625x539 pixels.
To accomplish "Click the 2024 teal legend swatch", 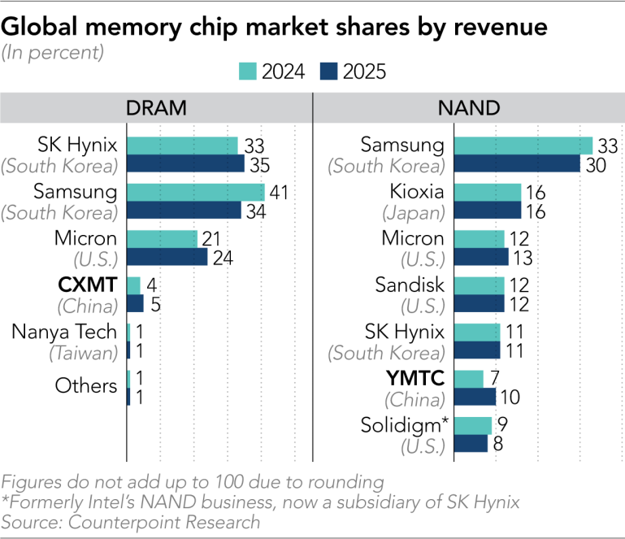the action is (248, 72).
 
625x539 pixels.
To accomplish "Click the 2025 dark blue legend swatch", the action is (329, 72).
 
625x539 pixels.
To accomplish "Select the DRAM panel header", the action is (156, 107).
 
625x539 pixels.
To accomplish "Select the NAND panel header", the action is (469, 107).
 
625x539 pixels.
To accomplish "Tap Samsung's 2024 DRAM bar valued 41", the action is (196, 193).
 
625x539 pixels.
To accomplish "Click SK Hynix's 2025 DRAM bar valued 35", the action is (186, 163).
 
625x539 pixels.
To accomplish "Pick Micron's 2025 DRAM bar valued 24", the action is (167, 257).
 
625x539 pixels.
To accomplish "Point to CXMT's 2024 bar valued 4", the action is (134, 285).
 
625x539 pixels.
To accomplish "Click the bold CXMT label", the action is (88, 285).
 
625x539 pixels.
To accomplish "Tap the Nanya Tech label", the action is (64, 332).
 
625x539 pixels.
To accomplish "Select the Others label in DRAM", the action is (86, 385).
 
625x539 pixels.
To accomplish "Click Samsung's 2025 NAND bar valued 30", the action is (518, 163).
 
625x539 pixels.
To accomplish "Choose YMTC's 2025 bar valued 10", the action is (475, 397).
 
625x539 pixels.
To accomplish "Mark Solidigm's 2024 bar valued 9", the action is (473, 426).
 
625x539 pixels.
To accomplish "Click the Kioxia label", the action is (417, 191).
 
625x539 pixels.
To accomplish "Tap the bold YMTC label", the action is (415, 378).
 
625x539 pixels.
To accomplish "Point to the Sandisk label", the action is (410, 285).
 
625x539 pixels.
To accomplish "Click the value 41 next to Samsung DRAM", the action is (279, 193).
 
